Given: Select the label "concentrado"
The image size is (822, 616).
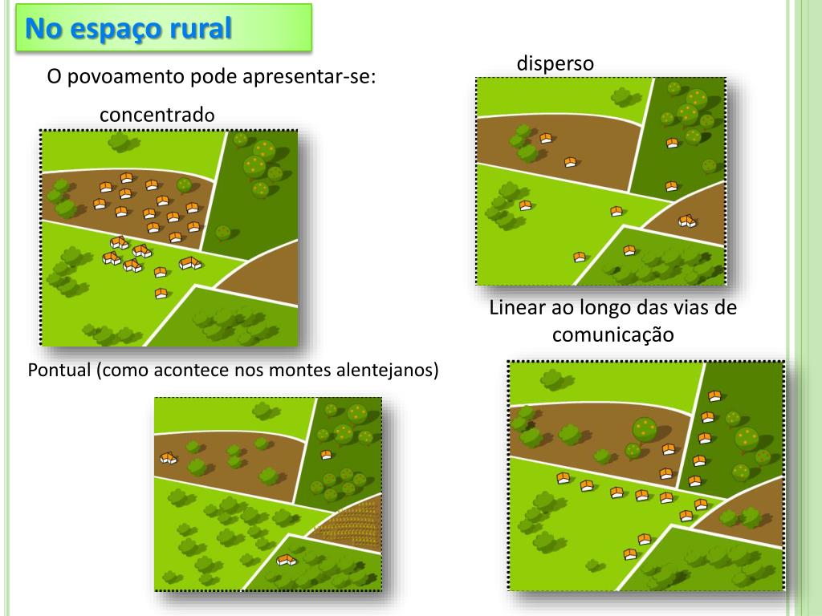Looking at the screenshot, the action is [157, 115].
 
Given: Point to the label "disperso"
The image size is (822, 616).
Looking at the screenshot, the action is [555, 63].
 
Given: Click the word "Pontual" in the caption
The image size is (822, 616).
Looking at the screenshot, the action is [60, 371].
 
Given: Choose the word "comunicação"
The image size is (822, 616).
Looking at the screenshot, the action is [612, 334].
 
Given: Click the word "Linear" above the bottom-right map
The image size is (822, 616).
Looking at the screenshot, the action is [517, 308].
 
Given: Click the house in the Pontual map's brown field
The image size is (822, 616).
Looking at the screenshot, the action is [169, 458].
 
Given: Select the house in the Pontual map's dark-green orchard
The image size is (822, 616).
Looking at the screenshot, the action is [326, 455].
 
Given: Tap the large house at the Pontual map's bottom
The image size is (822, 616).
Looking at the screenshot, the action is [286, 559].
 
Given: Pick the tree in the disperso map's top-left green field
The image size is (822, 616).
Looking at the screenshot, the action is [623, 97].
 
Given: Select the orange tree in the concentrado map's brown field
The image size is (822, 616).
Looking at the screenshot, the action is [185, 185].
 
